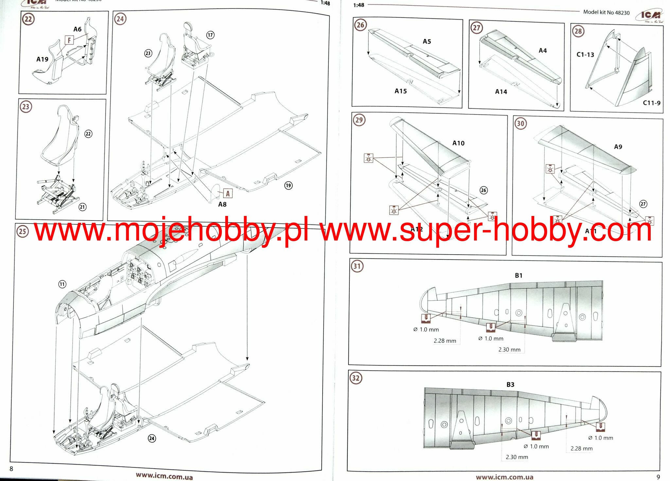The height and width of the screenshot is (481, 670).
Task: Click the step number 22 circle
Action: click(28, 19)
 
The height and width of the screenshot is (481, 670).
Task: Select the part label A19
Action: click(42, 59)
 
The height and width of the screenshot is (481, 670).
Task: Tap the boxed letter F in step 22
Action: click(69, 40)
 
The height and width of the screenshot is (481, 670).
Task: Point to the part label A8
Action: click(222, 205)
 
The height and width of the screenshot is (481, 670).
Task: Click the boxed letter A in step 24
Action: click(228, 193)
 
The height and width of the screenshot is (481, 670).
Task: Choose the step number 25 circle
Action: click(22, 232)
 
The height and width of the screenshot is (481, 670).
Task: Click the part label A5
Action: click(427, 42)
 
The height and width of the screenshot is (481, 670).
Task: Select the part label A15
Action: click(400, 91)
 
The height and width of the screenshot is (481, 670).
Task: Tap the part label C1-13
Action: click(585, 55)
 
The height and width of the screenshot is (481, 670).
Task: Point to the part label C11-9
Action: click(651, 103)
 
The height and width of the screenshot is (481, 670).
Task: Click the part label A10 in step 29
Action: click(458, 143)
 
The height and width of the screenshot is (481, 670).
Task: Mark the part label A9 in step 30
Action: click(618, 147)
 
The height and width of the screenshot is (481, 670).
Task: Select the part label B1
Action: click(519, 276)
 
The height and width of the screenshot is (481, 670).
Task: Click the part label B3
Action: click(510, 384)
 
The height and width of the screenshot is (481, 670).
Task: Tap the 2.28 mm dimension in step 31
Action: click(445, 341)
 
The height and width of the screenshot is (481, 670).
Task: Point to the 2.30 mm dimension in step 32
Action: click(517, 457)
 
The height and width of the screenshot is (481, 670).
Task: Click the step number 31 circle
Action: click(357, 266)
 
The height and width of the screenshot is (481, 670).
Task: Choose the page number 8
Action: click(11, 469)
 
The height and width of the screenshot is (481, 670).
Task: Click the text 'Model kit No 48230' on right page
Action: click(606, 12)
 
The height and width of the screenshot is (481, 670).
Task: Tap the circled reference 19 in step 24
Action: click(288, 186)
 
